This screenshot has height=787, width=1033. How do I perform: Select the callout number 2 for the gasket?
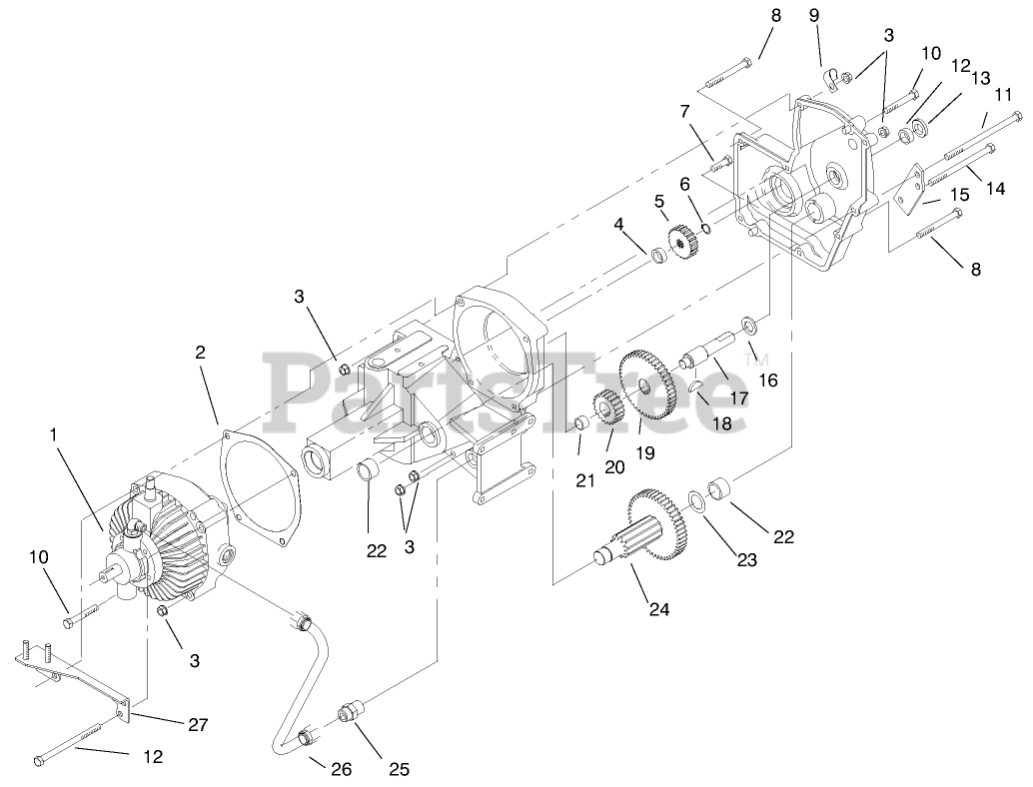(x=200, y=352)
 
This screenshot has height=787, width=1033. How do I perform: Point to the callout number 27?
(x=199, y=725)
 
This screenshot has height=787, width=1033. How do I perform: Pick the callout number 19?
(x=645, y=452)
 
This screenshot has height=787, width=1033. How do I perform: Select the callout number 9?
(x=813, y=15)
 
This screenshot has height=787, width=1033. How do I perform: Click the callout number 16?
(x=767, y=381)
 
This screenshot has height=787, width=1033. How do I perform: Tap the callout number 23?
(x=746, y=560)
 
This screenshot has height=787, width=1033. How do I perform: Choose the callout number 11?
(x=1003, y=94)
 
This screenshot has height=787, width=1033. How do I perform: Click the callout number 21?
(x=585, y=480)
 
